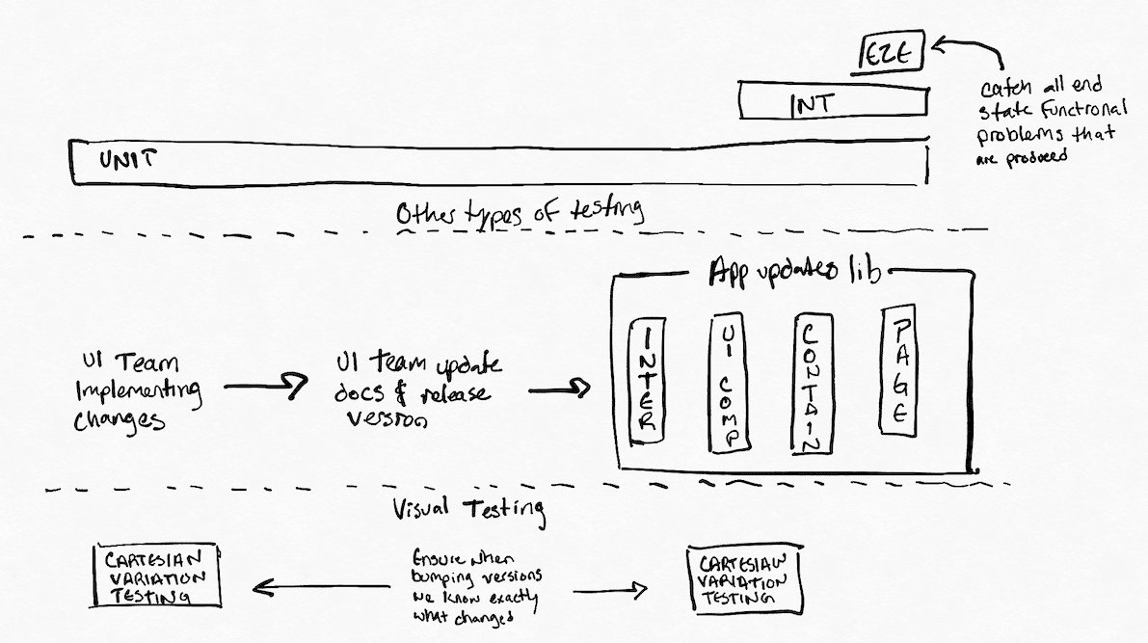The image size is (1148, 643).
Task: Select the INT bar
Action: [834, 101]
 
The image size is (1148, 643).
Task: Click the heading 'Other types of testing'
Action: [519, 212]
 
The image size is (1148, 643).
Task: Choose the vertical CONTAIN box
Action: [809, 384]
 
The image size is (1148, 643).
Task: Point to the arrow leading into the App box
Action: [559, 389]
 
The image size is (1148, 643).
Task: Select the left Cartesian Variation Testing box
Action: [155, 576]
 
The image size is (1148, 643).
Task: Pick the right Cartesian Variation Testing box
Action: [745, 580]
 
